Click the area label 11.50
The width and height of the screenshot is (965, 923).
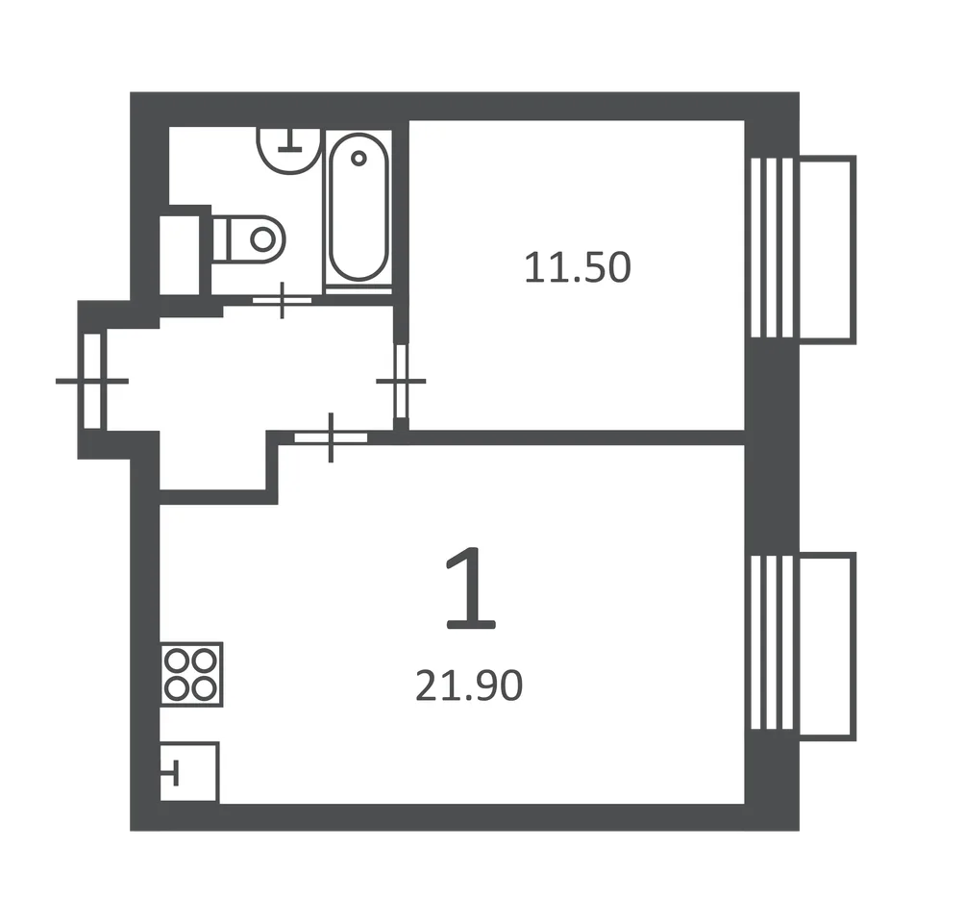click(578, 267)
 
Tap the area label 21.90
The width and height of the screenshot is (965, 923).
click(469, 686)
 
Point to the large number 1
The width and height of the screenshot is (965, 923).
click(471, 588)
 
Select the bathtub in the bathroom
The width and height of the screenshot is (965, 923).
click(359, 208)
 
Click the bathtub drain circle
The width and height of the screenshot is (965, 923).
click(359, 159)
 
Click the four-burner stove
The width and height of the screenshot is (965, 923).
click(191, 674)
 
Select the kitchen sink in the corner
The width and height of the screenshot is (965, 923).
click(189, 772)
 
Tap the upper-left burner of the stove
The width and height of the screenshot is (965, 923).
click(177, 661)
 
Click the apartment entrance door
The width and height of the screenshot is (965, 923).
click(91, 381)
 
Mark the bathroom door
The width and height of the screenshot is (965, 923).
click(282, 301)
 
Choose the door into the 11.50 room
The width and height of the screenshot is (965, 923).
click(401, 381)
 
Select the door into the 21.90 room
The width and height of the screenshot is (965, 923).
click(331, 437)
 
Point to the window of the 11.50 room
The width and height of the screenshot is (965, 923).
click(772, 248)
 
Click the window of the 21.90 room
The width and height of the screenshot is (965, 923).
click(772, 642)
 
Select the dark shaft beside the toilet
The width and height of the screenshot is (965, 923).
click(181, 255)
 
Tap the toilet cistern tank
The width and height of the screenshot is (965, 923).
click(220, 238)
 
